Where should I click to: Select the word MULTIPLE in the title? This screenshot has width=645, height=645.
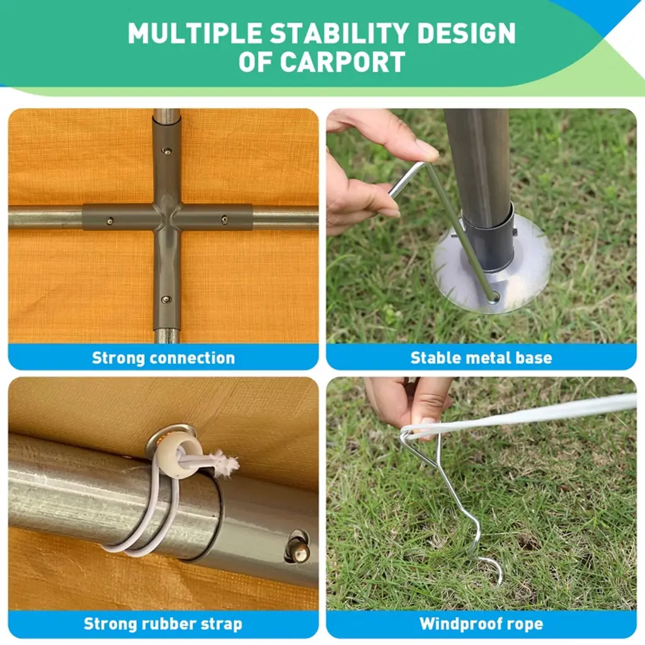click(x=195, y=33)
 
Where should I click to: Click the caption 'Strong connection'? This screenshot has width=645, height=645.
click(x=163, y=358)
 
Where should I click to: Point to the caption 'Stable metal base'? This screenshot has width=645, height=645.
click(x=481, y=358)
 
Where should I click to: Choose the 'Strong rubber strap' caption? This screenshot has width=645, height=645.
click(x=163, y=624)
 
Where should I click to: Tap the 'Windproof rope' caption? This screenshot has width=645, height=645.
click(x=481, y=624)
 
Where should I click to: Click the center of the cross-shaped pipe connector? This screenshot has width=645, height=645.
click(x=166, y=217)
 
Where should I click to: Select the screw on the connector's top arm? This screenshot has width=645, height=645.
click(x=166, y=151)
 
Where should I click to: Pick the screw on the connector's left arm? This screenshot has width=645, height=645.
click(x=110, y=221)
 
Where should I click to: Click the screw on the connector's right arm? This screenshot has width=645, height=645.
click(x=224, y=219)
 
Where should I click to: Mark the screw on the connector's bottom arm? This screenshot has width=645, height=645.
click(x=166, y=299)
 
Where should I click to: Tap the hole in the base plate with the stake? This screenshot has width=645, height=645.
click(x=494, y=297)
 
